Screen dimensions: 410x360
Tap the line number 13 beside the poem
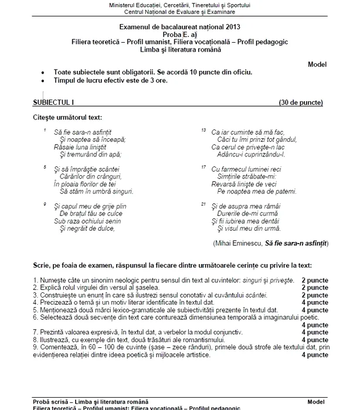tap(203, 129)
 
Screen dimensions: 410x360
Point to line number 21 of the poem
tap(203, 204)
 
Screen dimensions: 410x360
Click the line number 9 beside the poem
tap(45, 204)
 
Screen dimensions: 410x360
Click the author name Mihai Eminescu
tap(239, 241)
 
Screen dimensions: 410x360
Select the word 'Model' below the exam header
tap(316, 64)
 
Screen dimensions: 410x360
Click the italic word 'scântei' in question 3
tap(257, 295)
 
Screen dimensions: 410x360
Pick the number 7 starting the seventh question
tap(36, 332)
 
